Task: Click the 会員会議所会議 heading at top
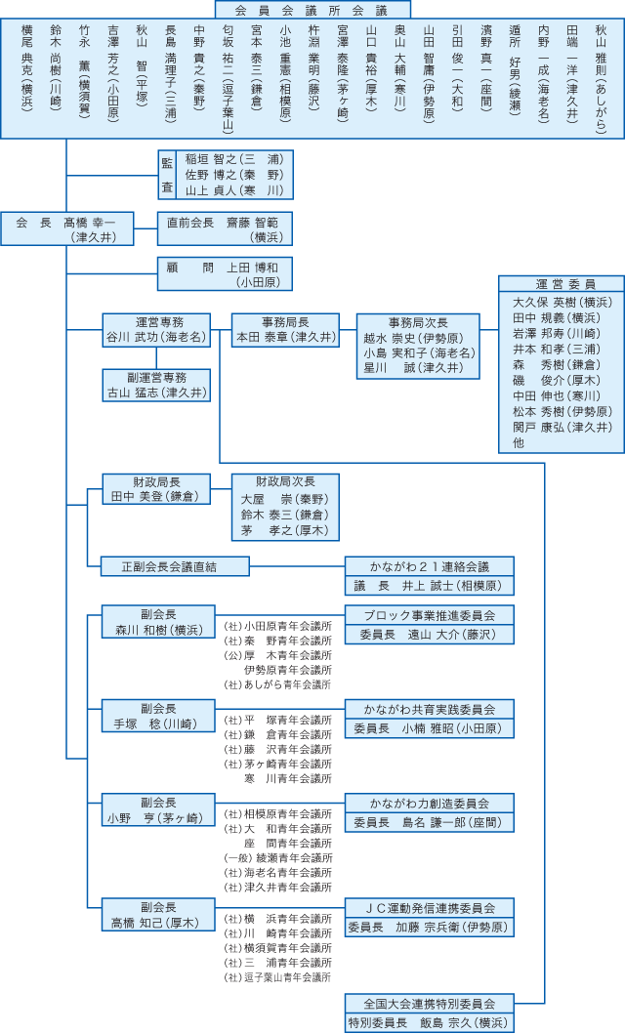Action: [312, 10]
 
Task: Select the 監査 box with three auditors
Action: [225, 174]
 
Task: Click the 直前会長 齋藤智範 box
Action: [225, 228]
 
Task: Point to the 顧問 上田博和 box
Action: [225, 273]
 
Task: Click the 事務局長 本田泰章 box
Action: [285, 329]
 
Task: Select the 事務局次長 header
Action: [418, 322]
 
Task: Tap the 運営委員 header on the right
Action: [561, 284]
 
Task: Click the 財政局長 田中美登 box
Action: [157, 488]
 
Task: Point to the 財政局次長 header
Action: [285, 481]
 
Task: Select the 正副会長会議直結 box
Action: [170, 565]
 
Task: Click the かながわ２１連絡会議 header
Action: [429, 565]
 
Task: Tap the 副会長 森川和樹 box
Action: [157, 622]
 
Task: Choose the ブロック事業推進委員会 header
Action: [429, 615]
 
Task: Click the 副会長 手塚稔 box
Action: [157, 716]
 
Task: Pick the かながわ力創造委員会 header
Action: [429, 803]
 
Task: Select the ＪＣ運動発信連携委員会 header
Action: [429, 907]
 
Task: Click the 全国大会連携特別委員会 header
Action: [429, 1003]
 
